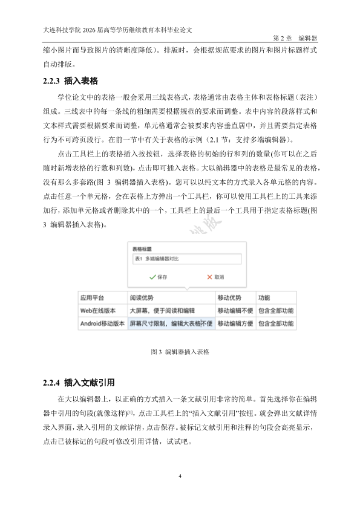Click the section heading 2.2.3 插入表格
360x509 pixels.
click(x=70, y=80)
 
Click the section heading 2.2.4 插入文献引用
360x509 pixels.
click(x=79, y=383)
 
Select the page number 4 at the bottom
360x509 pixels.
click(x=180, y=477)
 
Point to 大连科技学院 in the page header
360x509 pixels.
click(x=62, y=28)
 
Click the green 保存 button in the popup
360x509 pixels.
click(x=158, y=277)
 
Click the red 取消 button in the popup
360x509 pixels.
click(x=215, y=277)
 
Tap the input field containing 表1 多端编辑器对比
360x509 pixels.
click(x=186, y=259)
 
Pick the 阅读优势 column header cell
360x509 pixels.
click(x=142, y=298)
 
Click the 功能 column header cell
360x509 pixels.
click(x=264, y=298)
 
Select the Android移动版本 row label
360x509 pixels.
click(x=102, y=323)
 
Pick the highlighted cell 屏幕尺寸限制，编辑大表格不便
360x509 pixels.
click(x=171, y=323)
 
